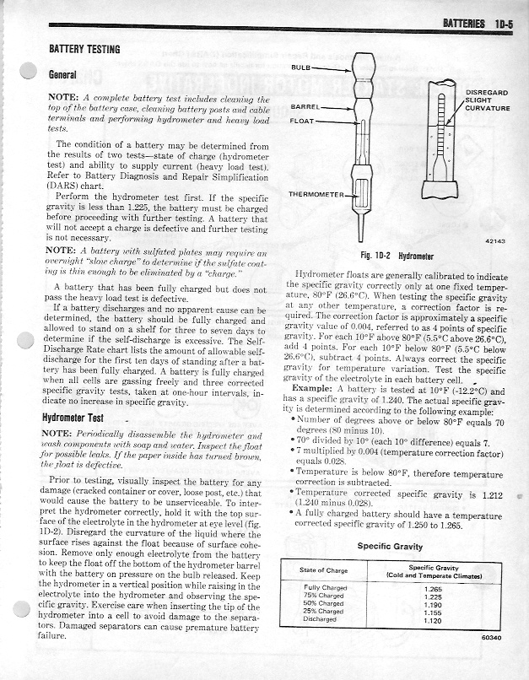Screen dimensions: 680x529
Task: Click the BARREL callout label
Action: (x=305, y=107)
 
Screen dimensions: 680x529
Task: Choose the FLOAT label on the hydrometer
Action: (x=303, y=121)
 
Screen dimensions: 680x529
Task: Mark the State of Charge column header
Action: (x=324, y=571)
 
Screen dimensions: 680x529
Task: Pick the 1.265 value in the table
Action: (x=434, y=588)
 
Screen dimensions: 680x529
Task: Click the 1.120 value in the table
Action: (x=434, y=618)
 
